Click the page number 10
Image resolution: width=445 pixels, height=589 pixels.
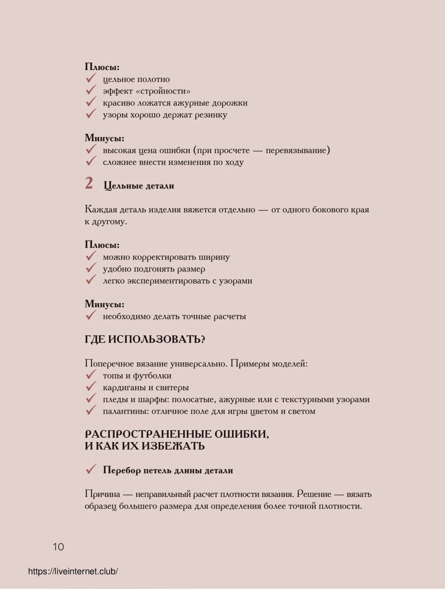(x=58, y=546)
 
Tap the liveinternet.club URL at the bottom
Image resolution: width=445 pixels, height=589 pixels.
(x=73, y=571)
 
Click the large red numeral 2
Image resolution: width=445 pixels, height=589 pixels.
(x=89, y=183)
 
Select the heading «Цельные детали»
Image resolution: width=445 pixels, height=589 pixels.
(x=139, y=186)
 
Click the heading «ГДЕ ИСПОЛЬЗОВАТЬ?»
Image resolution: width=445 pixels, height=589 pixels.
(x=145, y=339)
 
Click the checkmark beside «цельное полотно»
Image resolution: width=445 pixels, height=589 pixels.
(x=91, y=78)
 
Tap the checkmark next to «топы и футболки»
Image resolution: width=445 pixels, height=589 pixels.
(x=91, y=375)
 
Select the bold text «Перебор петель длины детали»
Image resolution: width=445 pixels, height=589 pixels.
(x=168, y=471)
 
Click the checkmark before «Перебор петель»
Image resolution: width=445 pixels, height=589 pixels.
(x=91, y=470)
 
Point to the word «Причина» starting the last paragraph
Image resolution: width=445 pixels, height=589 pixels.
(x=102, y=494)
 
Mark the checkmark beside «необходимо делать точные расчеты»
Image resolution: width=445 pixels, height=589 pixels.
(x=91, y=315)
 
